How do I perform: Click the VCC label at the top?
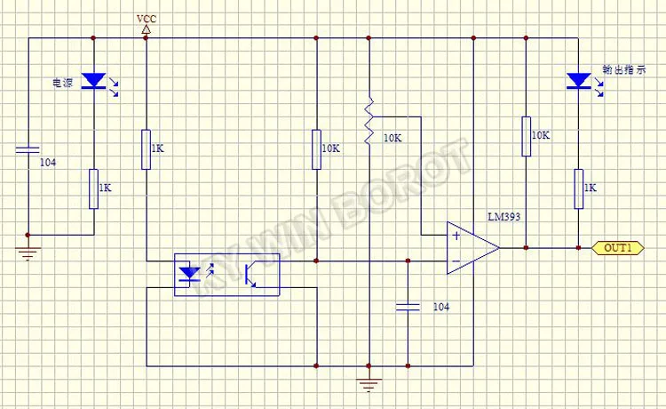tap(146, 18)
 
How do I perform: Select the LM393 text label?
tap(503, 216)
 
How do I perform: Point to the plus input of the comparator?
tap(456, 237)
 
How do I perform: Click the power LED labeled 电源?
tap(93, 82)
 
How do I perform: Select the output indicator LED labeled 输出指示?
tap(578, 82)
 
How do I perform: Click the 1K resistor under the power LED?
tap(93, 188)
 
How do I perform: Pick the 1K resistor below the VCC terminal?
tap(146, 148)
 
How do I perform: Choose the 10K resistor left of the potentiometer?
tap(316, 148)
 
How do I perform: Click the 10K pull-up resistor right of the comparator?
tap(526, 136)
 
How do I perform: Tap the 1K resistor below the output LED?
tap(578, 188)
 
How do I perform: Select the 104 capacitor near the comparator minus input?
tap(408, 306)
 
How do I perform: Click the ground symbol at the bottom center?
tap(369, 384)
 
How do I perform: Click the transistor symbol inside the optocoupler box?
tap(251, 273)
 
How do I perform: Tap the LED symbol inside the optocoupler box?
tap(190, 273)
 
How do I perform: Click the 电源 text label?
tap(62, 83)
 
